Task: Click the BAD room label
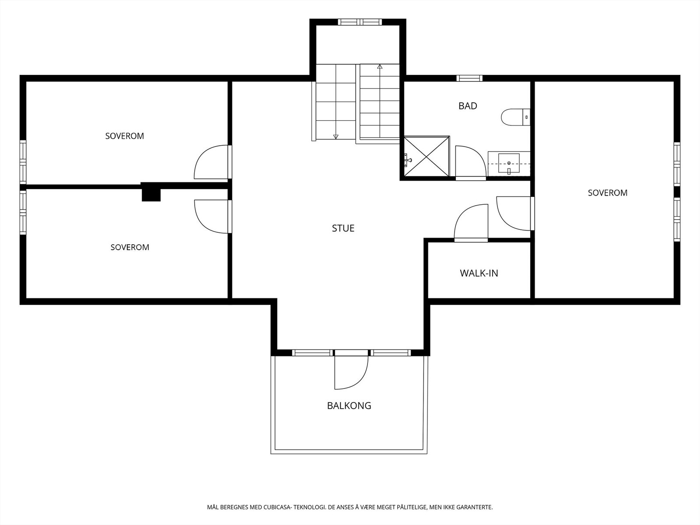(468, 106)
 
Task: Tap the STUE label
(343, 228)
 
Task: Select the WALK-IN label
(479, 273)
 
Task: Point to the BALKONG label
(349, 406)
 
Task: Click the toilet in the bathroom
(515, 117)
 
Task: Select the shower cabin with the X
(427, 156)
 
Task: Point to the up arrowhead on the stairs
(379, 66)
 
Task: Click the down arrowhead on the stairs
(336, 136)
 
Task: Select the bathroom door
(471, 163)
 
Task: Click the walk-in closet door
(471, 223)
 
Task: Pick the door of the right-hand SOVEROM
(515, 213)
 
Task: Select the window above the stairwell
(360, 22)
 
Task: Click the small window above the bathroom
(469, 78)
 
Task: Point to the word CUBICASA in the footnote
(277, 507)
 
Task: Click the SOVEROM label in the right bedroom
(608, 193)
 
